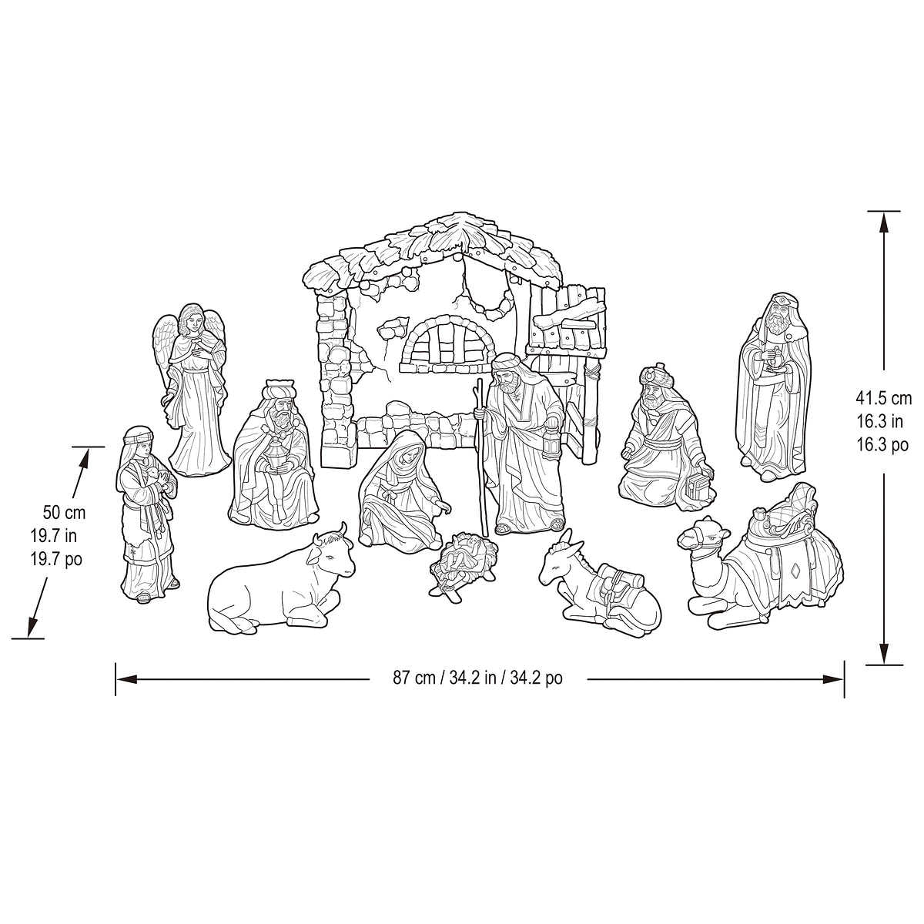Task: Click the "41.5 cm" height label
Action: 883,398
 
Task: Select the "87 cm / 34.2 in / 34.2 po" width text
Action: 477,678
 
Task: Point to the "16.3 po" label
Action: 883,445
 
